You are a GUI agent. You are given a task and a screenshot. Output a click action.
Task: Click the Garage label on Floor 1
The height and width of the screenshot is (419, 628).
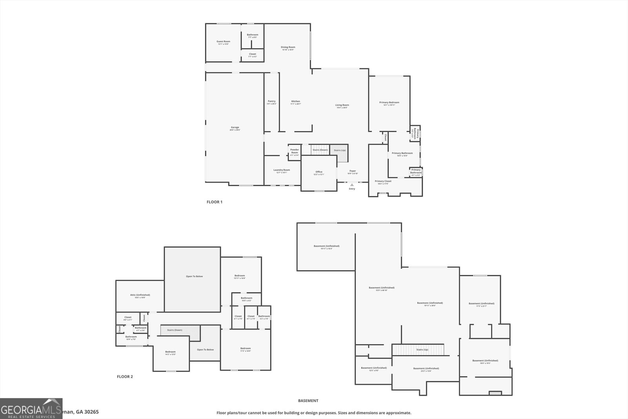[235, 127]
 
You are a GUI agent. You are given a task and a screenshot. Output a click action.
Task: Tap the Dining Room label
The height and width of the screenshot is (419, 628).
[288, 47]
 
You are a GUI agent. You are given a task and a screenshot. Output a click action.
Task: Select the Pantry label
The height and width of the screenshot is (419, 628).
[271, 101]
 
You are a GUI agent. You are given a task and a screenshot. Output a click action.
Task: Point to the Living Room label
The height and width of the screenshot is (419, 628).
[342, 105]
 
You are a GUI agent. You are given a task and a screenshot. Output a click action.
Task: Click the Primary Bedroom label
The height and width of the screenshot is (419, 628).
[389, 102]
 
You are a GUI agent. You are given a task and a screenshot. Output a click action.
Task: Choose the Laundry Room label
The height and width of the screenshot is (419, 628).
[281, 170]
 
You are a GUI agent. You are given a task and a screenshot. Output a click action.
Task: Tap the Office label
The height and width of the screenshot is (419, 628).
[319, 172]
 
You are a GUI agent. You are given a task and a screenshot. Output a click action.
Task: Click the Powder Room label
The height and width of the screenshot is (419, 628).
[294, 151]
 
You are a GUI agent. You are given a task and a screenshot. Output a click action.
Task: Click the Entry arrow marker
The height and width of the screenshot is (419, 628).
[352, 184]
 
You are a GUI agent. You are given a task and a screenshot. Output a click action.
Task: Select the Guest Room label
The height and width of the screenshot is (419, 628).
[223, 42]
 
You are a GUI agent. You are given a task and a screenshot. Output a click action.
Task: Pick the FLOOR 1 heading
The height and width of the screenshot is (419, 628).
[214, 202]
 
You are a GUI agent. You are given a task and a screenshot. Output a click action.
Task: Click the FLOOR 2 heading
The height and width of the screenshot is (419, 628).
[125, 377]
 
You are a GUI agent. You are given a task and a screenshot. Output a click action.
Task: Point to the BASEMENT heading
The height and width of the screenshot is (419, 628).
[308, 401]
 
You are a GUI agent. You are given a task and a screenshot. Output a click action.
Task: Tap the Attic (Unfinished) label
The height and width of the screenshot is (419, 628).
[140, 295]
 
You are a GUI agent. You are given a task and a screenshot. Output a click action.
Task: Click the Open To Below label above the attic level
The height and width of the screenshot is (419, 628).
[194, 276]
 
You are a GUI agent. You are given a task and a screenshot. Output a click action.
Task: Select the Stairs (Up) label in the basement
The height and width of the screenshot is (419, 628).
[422, 349]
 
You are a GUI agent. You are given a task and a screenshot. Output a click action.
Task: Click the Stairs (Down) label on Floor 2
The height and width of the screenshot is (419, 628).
[172, 330]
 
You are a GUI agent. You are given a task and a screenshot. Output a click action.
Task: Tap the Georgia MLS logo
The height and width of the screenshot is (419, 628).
[31, 408]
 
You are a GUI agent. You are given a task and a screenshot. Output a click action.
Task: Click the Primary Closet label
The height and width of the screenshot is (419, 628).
[383, 181]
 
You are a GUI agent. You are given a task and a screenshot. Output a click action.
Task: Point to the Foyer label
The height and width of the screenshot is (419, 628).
[352, 171]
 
